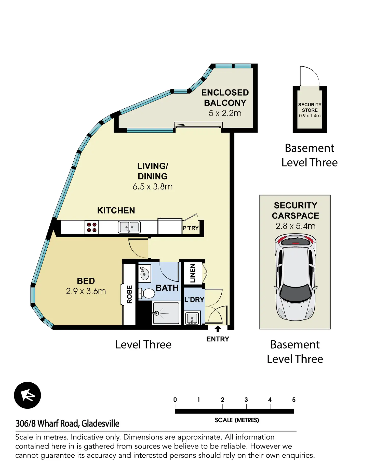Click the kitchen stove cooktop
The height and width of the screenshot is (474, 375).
coord(92,227)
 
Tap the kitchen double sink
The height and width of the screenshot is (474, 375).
coord(129,227)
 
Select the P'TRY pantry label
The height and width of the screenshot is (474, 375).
coord(191,228)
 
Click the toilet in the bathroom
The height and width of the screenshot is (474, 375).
coord(147,293)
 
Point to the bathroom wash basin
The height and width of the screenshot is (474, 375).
coord(144,273)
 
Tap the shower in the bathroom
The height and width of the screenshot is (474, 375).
coord(166,313)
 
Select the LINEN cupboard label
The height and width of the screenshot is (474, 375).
coord(193,273)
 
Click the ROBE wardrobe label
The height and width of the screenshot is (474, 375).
coord(129,294)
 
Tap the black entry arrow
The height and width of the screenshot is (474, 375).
coord(218,329)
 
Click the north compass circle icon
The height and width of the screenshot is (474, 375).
coord(28,395)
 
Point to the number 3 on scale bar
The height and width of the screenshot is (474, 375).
coord(246,400)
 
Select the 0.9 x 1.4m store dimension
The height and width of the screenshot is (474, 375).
coord(310,116)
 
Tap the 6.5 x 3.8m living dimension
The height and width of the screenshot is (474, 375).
coord(153,187)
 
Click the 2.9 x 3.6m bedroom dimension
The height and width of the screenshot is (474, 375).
coord(86,291)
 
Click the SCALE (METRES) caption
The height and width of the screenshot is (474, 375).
coord(237,420)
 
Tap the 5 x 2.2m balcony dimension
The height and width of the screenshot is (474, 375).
coord(225,113)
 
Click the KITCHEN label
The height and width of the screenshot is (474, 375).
coord(116,211)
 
